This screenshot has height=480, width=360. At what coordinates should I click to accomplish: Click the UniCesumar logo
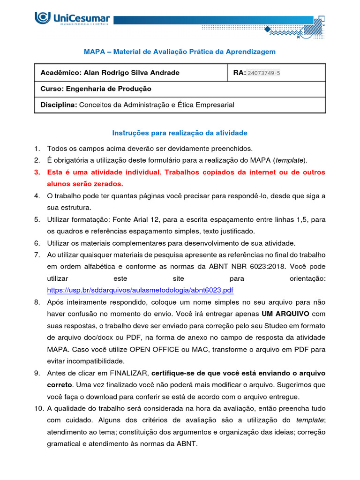[73, 19]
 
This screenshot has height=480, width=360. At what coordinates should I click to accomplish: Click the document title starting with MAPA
[180, 51]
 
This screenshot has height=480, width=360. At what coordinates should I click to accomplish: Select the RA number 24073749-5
[263, 73]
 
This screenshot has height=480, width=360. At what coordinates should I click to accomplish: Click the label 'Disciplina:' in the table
[59, 105]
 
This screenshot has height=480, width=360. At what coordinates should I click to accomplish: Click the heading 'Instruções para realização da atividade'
[180, 133]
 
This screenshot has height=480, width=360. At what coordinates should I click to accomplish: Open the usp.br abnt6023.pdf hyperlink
[140, 290]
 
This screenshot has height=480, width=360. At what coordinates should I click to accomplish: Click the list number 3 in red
[37, 172]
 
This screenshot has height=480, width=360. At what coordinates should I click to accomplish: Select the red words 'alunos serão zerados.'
[85, 184]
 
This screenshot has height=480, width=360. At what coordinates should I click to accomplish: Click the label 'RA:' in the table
[239, 73]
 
